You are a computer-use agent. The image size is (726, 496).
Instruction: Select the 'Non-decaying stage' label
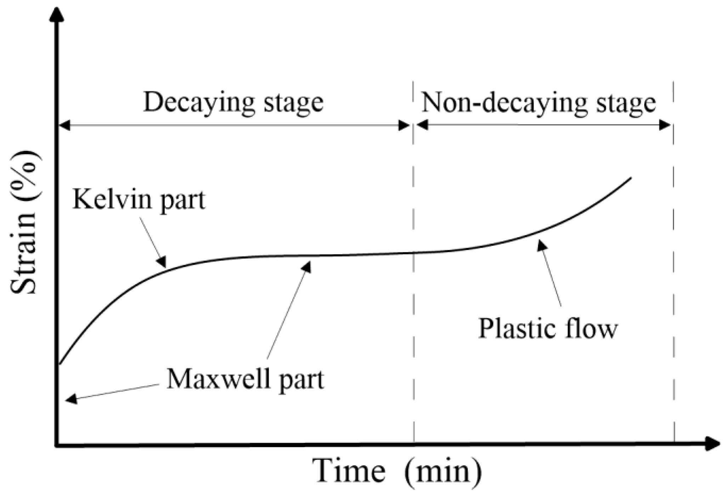538,103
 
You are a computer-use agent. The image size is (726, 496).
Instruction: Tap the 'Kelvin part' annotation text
139,200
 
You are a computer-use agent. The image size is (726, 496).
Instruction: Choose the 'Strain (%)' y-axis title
24,223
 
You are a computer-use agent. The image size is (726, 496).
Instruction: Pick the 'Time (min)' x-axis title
397,471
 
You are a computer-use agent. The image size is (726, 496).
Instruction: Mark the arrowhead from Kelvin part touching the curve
162,263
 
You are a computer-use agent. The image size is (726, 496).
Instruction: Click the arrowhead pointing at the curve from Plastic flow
541,246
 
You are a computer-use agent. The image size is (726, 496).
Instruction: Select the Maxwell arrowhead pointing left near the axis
71,399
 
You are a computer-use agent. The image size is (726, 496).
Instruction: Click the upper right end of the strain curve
631,178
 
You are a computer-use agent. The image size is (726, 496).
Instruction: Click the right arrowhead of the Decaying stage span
404,125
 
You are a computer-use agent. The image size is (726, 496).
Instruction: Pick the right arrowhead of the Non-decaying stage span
665,125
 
